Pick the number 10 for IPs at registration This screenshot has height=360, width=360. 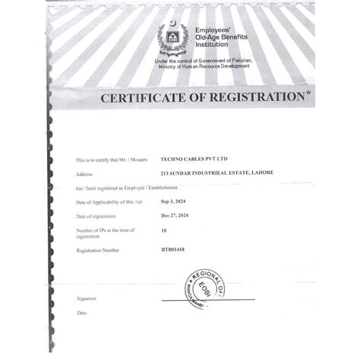[x=164, y=229]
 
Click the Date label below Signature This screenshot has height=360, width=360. [x=81, y=313]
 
